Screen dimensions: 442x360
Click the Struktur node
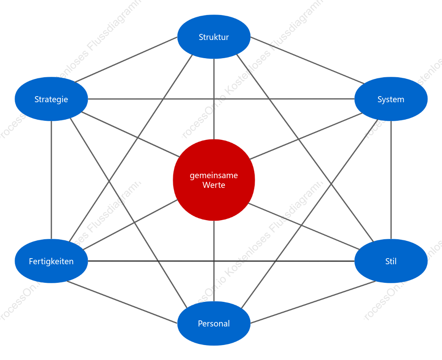tap(214, 37)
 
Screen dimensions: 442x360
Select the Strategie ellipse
tap(51, 99)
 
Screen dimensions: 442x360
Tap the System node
tap(391, 99)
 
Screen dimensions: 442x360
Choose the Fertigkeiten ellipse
tap(51, 261)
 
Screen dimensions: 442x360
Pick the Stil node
tap(391, 261)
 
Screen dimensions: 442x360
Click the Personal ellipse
tap(214, 323)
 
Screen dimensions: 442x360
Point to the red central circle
tap(214, 180)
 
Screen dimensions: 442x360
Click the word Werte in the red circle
tap(214, 185)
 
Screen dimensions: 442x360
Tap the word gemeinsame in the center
tap(214, 175)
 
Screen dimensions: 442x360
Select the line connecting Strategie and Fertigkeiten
tap(51, 180)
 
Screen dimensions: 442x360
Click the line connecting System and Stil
tap(391, 180)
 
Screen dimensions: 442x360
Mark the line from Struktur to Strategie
tap(126, 59)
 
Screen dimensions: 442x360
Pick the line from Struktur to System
tap(307, 60)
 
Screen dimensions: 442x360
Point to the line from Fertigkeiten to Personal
tap(122, 302)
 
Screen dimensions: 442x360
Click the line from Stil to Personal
tap(313, 302)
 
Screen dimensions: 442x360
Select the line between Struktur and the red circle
tap(214, 99)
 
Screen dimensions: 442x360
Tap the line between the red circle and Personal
tap(214, 261)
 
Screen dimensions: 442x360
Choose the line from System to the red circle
tap(306, 136)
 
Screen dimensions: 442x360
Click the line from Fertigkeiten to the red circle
tap(131, 225)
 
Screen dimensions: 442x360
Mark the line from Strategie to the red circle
tap(131, 135)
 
